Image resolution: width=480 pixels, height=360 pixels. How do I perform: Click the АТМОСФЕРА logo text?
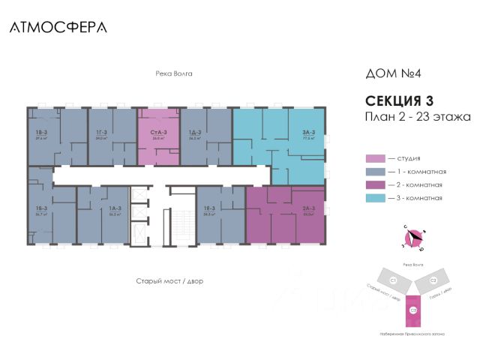point(58,27)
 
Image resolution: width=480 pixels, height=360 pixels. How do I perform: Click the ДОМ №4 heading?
point(392,74)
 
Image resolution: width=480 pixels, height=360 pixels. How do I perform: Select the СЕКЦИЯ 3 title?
point(400,100)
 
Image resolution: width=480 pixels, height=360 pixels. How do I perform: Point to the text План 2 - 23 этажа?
point(417,117)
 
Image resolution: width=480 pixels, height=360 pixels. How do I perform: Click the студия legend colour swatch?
point(374,158)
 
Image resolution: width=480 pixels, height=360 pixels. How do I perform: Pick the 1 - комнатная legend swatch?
point(374,172)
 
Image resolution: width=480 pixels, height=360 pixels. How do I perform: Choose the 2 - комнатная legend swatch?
point(374,184)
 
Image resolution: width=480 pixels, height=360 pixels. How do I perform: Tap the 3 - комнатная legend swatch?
point(374,198)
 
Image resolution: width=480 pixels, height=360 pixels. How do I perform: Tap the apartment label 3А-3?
point(309,133)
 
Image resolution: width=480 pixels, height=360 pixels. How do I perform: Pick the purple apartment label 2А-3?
point(307,211)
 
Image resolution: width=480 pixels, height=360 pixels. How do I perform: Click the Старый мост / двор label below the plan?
point(169,280)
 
